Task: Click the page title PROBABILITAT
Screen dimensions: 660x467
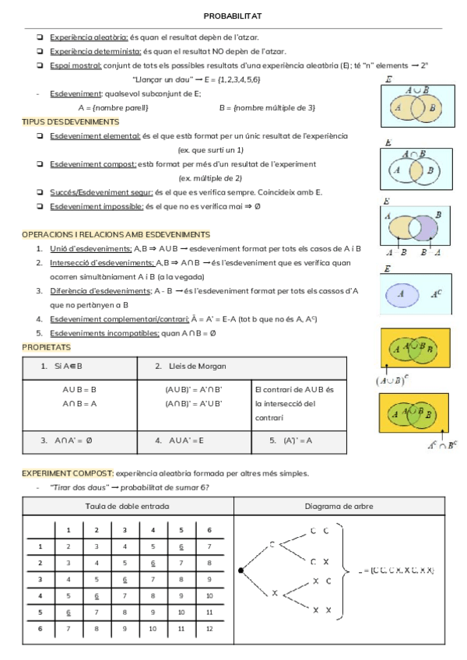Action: [232, 16]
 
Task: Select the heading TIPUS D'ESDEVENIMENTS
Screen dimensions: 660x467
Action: [70, 121]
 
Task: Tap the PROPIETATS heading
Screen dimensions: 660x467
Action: [46, 346]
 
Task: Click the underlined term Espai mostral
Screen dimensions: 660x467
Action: [75, 65]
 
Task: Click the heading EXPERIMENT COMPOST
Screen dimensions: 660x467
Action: [68, 472]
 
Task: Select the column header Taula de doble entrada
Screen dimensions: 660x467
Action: [128, 506]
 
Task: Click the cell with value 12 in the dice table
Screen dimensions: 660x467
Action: [209, 628]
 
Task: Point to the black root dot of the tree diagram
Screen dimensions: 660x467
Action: [241, 570]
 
